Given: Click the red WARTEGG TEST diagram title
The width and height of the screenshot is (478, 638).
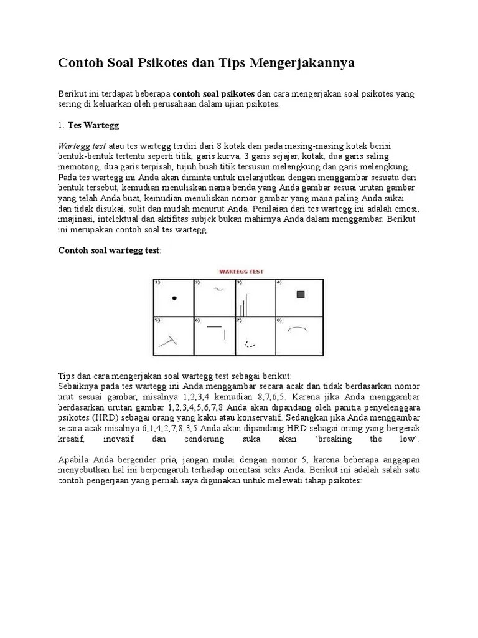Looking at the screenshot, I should pyautogui.click(x=240, y=271).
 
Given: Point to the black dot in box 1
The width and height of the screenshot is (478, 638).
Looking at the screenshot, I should pyautogui.click(x=174, y=298).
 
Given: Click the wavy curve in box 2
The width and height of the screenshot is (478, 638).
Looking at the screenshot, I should pyautogui.click(x=218, y=289).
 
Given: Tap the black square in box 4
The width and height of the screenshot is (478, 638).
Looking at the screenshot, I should pyautogui.click(x=301, y=294).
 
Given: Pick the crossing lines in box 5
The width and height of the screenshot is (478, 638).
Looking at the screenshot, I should pyautogui.click(x=167, y=341).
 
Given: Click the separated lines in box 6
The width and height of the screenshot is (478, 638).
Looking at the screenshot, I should pyautogui.click(x=218, y=330).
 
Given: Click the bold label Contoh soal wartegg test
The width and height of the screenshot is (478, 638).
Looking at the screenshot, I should pyautogui.click(x=109, y=250).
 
